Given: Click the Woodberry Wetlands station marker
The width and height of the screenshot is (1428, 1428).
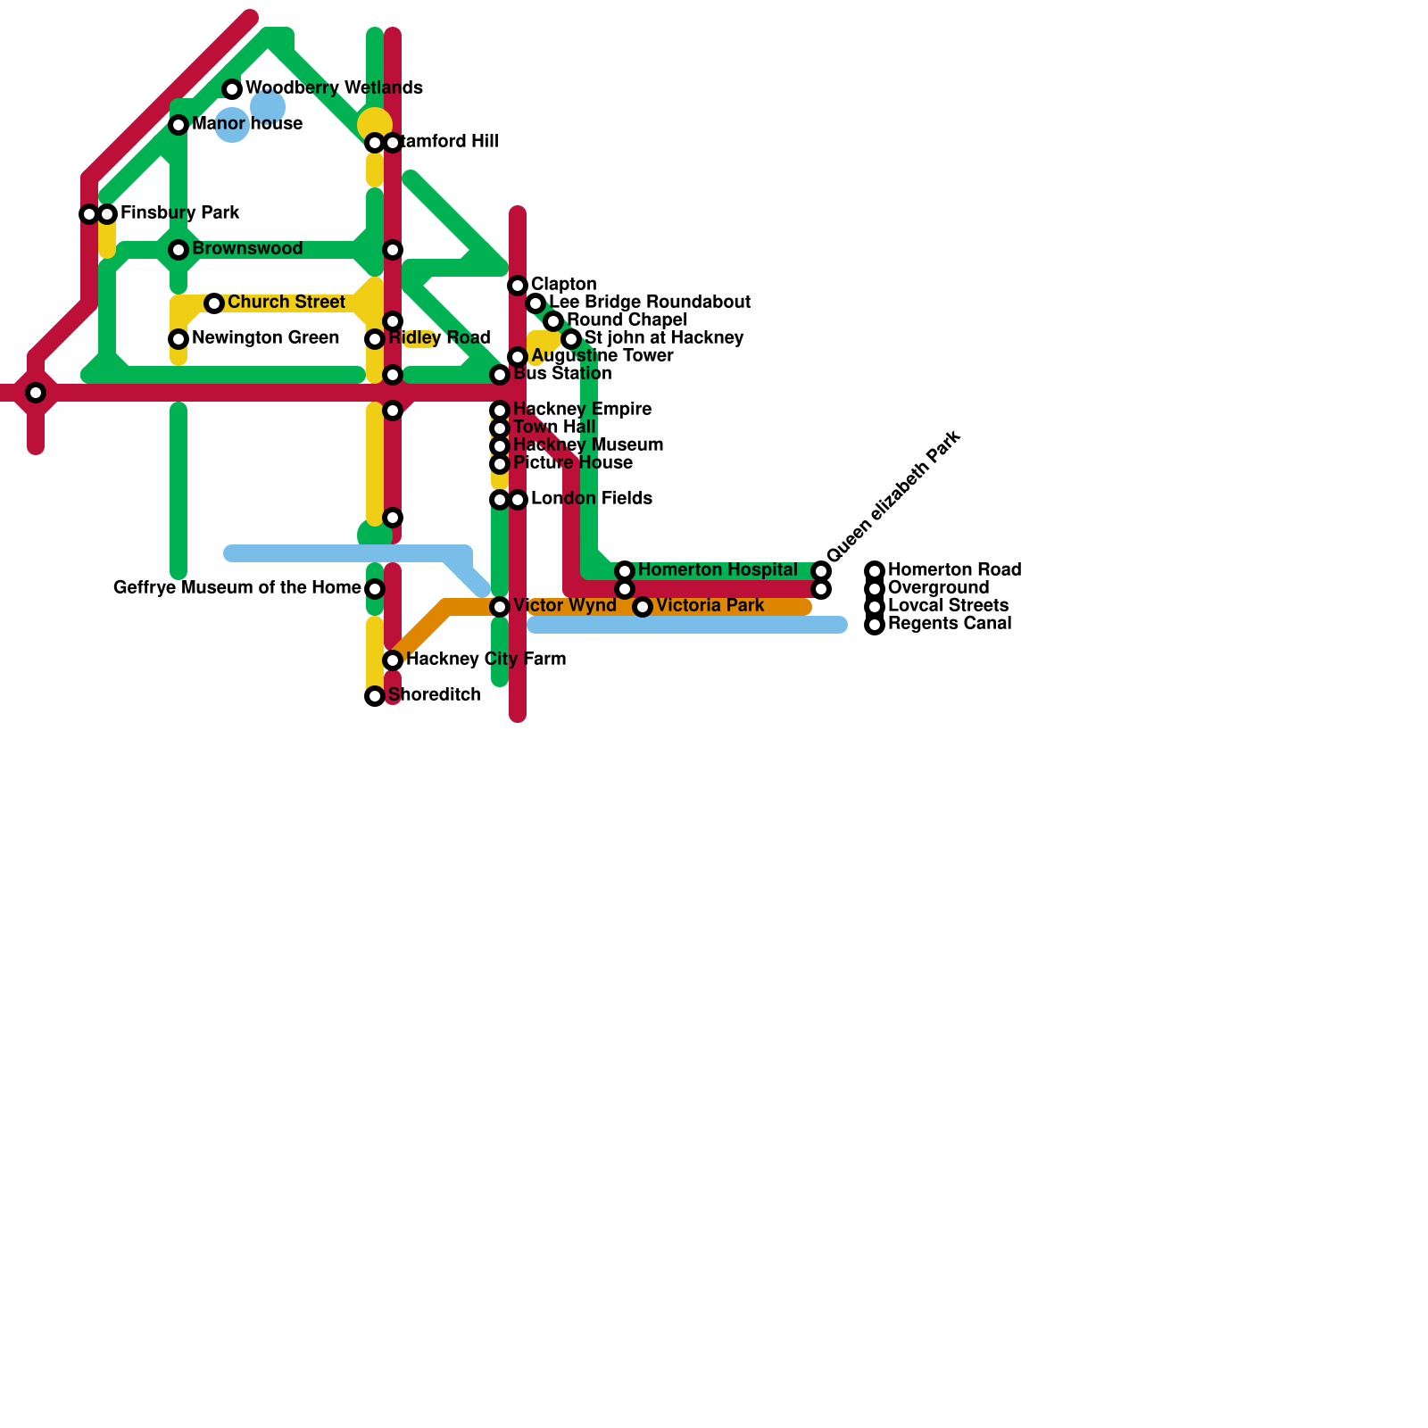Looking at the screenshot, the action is pos(232,89).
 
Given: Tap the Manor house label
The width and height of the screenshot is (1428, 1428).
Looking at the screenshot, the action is pos(247,124).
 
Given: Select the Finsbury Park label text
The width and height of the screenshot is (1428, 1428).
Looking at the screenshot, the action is pos(179,213).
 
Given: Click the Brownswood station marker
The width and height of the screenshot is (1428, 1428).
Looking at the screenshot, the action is pos(178,250).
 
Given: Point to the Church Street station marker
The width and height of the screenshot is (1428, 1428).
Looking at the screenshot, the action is pos(214,303).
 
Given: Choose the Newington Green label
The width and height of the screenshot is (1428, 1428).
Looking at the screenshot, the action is pos(265,338).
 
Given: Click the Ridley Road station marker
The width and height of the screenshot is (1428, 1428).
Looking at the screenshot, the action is pos(375,339).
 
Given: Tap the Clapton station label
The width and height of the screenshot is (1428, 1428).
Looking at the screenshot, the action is pos(563,285).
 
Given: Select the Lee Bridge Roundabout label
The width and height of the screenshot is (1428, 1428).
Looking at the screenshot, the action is pos(649,303).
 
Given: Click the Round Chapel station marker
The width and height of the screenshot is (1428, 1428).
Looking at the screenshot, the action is pos(553,321).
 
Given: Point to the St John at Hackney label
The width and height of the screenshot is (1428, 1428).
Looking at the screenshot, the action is pos(663,338).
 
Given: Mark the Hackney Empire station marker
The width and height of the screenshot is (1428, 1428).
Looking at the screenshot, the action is pos(500,411).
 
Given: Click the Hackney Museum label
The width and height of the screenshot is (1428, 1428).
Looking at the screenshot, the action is pos(587,445).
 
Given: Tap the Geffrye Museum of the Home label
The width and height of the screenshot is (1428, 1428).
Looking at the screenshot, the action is pos(237,588).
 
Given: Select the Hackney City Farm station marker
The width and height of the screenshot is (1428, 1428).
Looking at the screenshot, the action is pos(393,660).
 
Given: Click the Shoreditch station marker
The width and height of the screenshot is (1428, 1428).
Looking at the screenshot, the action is pos(375,696).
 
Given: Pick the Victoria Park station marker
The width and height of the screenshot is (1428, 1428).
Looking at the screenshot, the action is pos(643,607).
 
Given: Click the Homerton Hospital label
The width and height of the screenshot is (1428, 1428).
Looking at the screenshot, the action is pos(718,570).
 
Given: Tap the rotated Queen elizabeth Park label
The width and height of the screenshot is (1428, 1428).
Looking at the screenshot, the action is pos(893,496).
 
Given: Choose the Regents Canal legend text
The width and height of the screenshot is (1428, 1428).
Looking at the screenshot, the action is pos(950,624).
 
